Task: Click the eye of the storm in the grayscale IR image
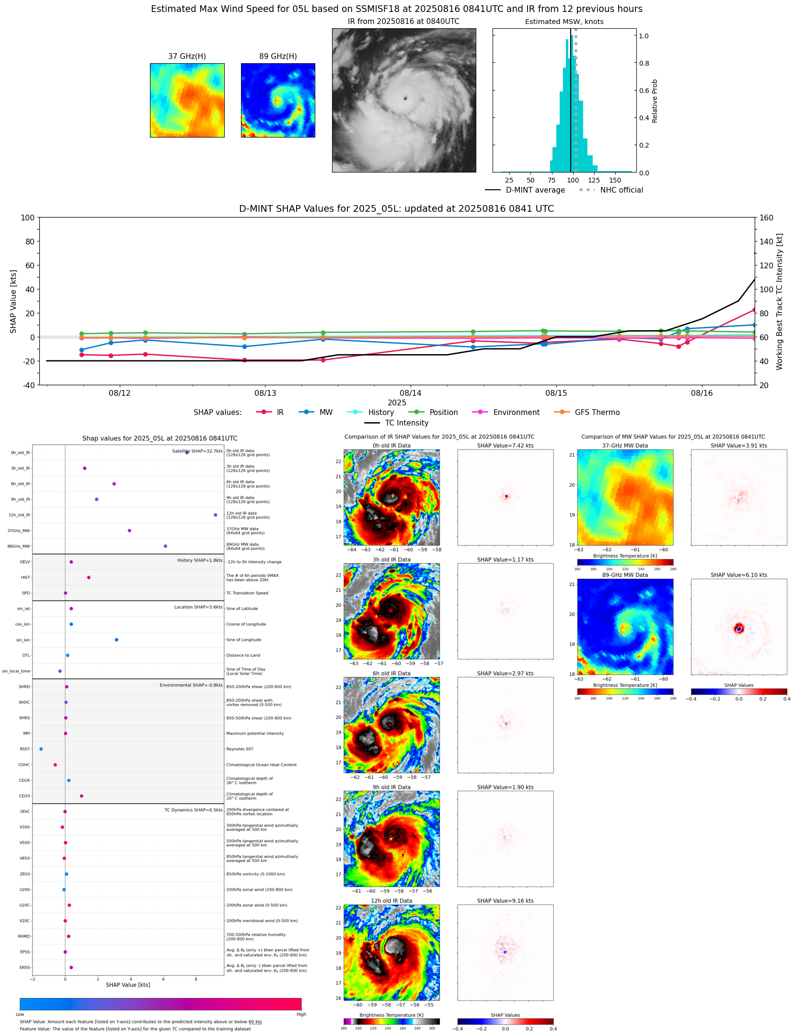point(405,99)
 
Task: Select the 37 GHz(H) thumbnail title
point(187,57)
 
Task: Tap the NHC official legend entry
point(621,190)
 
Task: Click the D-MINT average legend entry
point(535,190)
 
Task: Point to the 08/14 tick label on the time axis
point(411,393)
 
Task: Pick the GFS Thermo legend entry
point(597,413)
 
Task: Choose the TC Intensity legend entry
point(406,423)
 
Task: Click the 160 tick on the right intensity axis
point(766,218)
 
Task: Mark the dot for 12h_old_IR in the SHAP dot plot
point(215,515)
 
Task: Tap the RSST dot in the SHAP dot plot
point(41,749)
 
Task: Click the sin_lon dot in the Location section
point(116,640)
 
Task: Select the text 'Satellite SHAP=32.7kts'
point(197,451)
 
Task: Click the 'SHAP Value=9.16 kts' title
point(505,901)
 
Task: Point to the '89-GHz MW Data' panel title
point(625,575)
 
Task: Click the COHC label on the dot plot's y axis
point(24,765)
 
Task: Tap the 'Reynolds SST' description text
point(240,749)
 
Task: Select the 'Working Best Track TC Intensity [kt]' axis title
point(780,301)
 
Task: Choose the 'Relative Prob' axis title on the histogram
point(655,101)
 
